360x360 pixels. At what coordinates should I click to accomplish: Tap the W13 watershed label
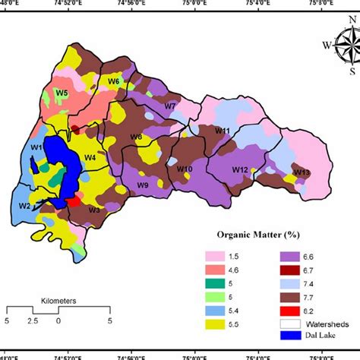(x=302, y=172)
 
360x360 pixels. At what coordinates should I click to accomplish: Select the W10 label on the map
(x=184, y=167)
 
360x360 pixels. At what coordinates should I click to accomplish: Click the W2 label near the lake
(x=24, y=206)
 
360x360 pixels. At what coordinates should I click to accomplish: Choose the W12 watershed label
(x=240, y=169)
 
